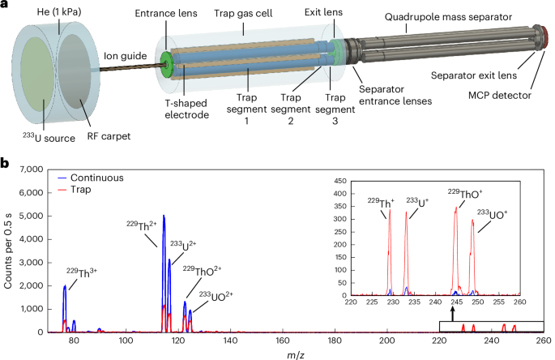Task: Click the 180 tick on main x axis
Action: coord(335,341)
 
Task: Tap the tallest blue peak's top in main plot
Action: coord(164,216)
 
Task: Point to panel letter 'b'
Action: coord(6,164)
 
